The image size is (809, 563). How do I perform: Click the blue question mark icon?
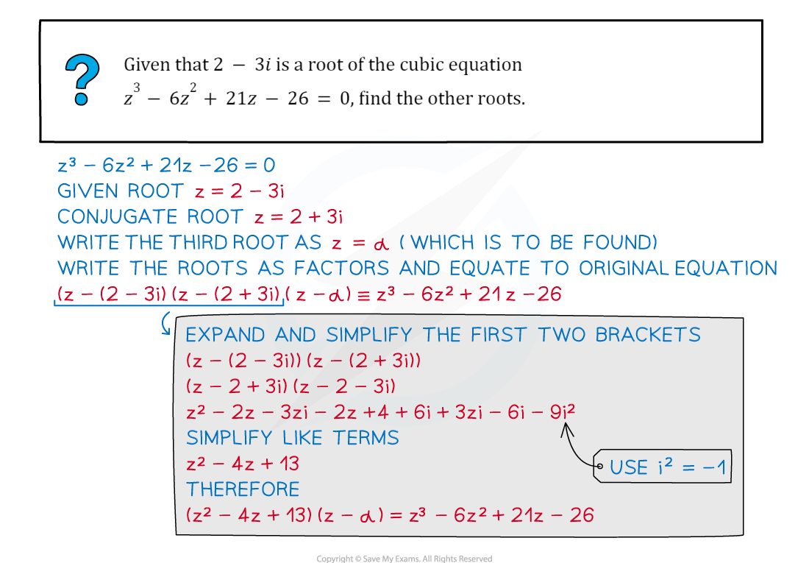[82, 79]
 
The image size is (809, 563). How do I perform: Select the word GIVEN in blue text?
[88, 191]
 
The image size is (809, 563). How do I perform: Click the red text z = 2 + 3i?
[298, 217]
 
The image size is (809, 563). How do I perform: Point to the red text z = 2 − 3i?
[240, 191]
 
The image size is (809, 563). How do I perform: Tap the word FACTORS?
[341, 268]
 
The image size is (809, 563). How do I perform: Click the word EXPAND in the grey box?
[225, 335]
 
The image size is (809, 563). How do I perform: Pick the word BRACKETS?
[648, 335]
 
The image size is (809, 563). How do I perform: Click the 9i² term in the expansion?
[563, 411]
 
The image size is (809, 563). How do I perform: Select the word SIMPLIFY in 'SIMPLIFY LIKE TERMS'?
[229, 438]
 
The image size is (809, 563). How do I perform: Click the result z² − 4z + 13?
[243, 464]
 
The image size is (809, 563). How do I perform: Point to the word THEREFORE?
[243, 489]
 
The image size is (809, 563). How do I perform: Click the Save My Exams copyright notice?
[404, 559]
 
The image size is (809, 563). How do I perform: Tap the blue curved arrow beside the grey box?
[165, 323]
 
